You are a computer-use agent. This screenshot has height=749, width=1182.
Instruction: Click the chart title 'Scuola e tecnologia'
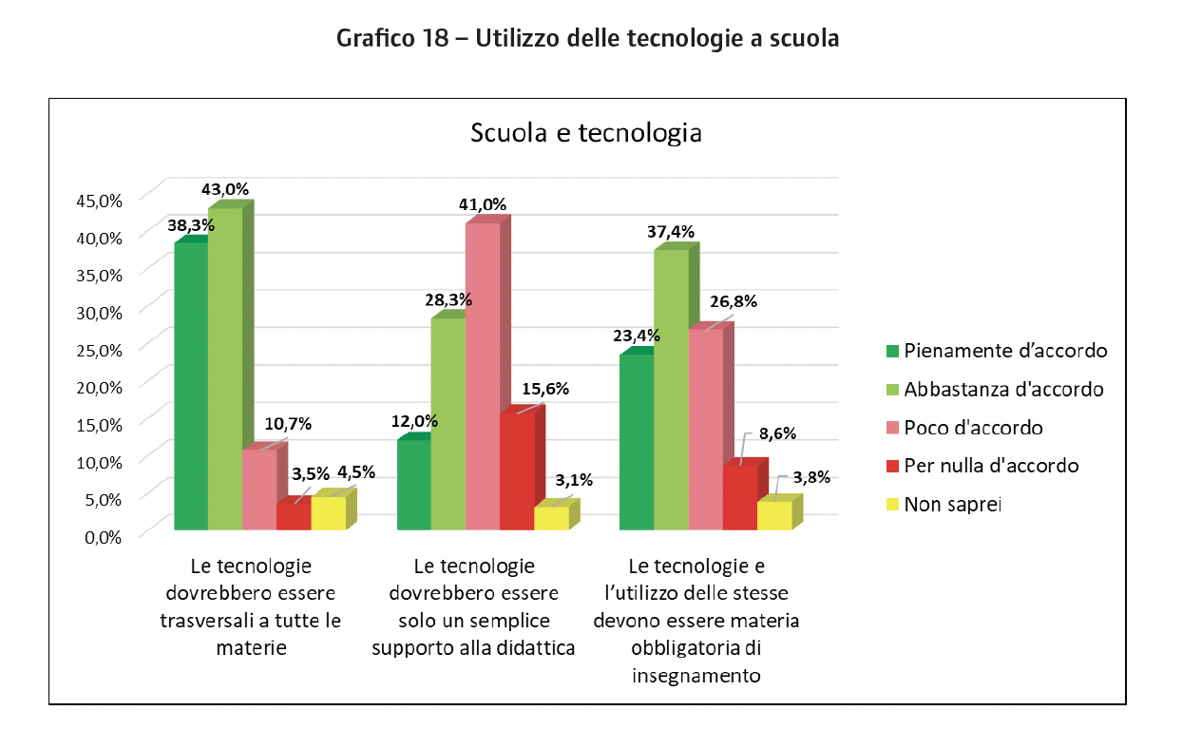tap(586, 133)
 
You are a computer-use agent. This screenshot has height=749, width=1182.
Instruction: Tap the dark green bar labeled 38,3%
tap(191, 386)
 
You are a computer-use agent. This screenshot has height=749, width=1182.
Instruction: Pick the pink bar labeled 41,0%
tap(483, 375)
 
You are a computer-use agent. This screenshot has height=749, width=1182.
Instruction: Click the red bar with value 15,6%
tap(516, 471)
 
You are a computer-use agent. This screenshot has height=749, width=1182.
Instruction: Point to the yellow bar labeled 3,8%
tap(773, 514)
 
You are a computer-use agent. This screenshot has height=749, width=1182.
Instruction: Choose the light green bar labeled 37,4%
tap(671, 389)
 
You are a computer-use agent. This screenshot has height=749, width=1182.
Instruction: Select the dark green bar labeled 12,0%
tap(413, 484)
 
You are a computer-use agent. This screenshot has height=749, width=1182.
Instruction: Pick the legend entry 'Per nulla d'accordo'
tap(992, 466)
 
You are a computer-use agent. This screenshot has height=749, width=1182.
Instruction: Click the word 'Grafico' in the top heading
tap(372, 40)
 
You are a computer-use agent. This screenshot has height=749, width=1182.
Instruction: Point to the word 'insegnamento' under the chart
tap(696, 677)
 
